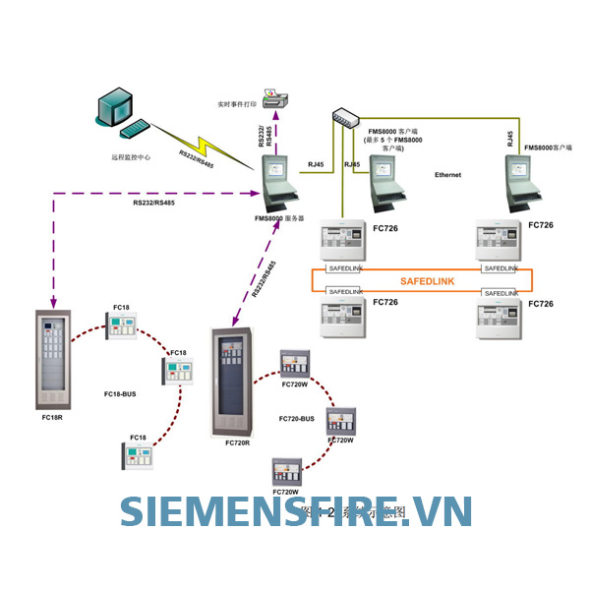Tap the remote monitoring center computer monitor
[115, 105]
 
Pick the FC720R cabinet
[233, 383]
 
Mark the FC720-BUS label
[295, 419]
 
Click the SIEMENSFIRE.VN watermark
[295, 511]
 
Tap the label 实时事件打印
[237, 103]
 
